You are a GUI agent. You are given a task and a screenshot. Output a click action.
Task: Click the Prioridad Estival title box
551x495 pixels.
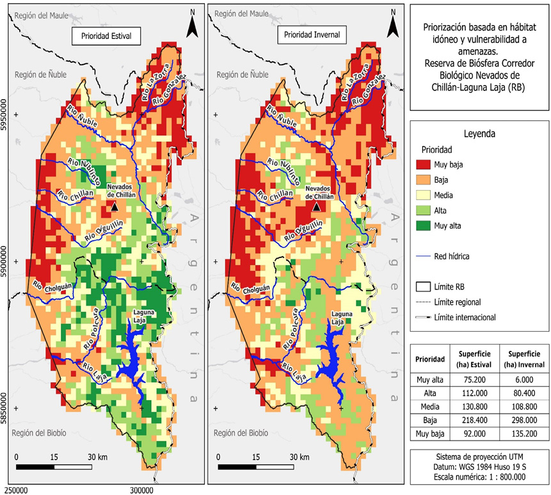point(106,36)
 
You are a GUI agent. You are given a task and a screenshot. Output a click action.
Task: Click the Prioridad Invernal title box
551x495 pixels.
point(312,35)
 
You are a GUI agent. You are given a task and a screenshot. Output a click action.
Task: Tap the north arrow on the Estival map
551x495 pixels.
point(192,24)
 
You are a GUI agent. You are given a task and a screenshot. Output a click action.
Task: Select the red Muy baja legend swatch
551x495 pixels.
point(423,165)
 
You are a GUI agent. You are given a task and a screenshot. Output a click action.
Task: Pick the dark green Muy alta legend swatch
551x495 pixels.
point(423,225)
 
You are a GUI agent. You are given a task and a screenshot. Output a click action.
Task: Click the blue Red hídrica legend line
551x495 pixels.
point(423,256)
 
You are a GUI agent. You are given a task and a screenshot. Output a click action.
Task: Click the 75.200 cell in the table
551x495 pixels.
point(475,380)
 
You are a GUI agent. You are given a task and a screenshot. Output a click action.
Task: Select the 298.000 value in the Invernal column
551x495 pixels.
point(524,420)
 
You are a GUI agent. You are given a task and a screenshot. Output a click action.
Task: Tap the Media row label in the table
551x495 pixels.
point(430,407)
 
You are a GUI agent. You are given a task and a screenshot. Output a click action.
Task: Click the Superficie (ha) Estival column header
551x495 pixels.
point(475,359)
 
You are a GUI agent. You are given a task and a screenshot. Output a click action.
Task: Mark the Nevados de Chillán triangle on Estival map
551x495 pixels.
point(115,207)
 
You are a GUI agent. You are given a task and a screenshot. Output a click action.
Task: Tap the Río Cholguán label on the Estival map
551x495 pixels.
point(52,287)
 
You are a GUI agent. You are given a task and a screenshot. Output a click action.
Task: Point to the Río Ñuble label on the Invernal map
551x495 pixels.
point(281,116)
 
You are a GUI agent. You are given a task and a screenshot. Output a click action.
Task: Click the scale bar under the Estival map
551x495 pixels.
point(54,467)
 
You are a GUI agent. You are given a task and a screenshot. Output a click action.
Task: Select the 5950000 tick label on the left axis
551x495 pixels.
point(4,115)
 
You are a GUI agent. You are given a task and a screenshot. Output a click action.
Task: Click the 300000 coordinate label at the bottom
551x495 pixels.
point(141,490)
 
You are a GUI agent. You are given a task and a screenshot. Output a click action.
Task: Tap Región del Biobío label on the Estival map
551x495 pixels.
point(39,433)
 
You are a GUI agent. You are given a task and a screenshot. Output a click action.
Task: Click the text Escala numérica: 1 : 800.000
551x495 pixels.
point(480,477)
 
